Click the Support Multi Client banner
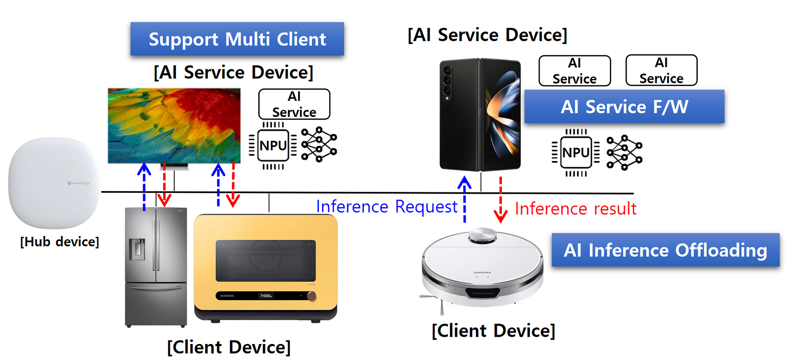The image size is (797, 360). [237, 39]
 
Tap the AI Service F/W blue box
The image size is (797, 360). [624, 107]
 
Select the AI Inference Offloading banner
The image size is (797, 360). [665, 250]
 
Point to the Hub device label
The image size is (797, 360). [60, 242]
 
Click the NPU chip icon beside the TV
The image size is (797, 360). [273, 145]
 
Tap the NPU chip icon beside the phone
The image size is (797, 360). [576, 152]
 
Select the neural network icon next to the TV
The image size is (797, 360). [319, 144]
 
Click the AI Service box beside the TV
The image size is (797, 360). [294, 104]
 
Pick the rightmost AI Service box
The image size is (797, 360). [661, 70]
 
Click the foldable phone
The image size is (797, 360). [480, 114]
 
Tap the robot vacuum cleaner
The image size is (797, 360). [482, 269]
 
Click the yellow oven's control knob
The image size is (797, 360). [312, 296]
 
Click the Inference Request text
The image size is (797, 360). [386, 207]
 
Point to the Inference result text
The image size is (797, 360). [575, 209]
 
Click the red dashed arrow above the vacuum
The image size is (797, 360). [501, 200]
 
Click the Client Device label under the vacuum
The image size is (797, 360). [493, 331]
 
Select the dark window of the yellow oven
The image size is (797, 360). [265, 261]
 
